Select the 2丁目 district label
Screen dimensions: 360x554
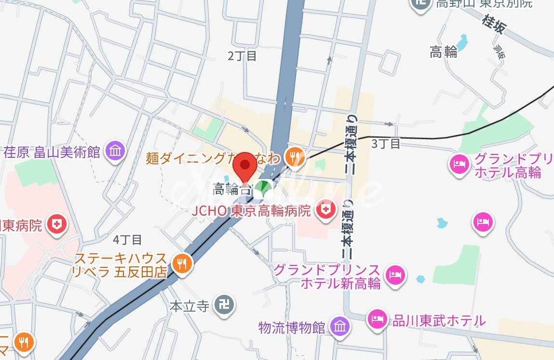[x=243, y=56]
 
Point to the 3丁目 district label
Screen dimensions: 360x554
[x=386, y=143]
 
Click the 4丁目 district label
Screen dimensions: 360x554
[x=127, y=239]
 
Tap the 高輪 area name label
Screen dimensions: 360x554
[x=443, y=52]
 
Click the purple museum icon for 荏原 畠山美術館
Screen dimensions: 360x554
[x=116, y=151]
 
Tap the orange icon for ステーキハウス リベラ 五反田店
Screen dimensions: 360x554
[x=181, y=263]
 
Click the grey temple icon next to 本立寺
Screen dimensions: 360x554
[x=223, y=305]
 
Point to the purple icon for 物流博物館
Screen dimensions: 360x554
[x=340, y=327]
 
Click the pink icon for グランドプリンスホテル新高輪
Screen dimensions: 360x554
[x=395, y=275]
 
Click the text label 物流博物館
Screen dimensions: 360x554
[x=291, y=328]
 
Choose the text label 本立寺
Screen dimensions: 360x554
[x=189, y=306]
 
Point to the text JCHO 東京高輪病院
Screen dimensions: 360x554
[x=252, y=211]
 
